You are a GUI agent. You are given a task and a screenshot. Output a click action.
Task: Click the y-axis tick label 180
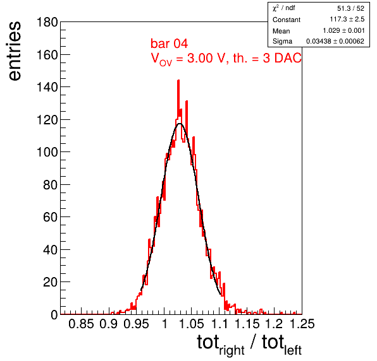pos(47,23)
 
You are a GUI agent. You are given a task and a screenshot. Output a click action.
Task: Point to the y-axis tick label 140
pos(47,87)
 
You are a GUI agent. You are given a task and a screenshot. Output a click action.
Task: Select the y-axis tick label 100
pos(47,152)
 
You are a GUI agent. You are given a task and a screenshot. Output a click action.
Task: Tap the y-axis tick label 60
pos(51,217)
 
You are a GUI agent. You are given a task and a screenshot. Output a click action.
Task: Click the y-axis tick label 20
pos(51,282)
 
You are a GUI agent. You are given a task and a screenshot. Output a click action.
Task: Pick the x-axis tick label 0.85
pos(81,324)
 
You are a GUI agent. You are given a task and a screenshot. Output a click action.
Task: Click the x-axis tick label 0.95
pos(137,324)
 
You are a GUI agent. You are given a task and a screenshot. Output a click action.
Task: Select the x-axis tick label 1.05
pos(192,324)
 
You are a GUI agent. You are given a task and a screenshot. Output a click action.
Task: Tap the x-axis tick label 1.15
pos(247,324)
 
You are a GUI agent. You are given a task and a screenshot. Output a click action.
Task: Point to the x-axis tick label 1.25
pos(302,324)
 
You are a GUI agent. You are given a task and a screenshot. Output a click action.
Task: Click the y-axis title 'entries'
pos(15,51)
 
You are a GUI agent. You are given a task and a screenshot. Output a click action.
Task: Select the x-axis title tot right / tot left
pos(249,344)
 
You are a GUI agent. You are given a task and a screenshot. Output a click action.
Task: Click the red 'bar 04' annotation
pos(169,44)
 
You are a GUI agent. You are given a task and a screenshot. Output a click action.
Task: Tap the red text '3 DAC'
pos(281,58)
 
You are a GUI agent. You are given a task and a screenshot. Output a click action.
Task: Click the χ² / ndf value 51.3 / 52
pos(350,8)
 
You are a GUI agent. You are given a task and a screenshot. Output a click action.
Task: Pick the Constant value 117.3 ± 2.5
pos(347,19)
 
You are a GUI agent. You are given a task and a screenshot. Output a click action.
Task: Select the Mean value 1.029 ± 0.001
pos(343,30)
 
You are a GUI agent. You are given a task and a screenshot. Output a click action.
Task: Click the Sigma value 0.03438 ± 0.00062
pos(335,41)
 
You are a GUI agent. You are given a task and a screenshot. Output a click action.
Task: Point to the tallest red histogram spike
pos(178,81)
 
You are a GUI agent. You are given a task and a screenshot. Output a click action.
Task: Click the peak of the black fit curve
pos(180,124)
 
